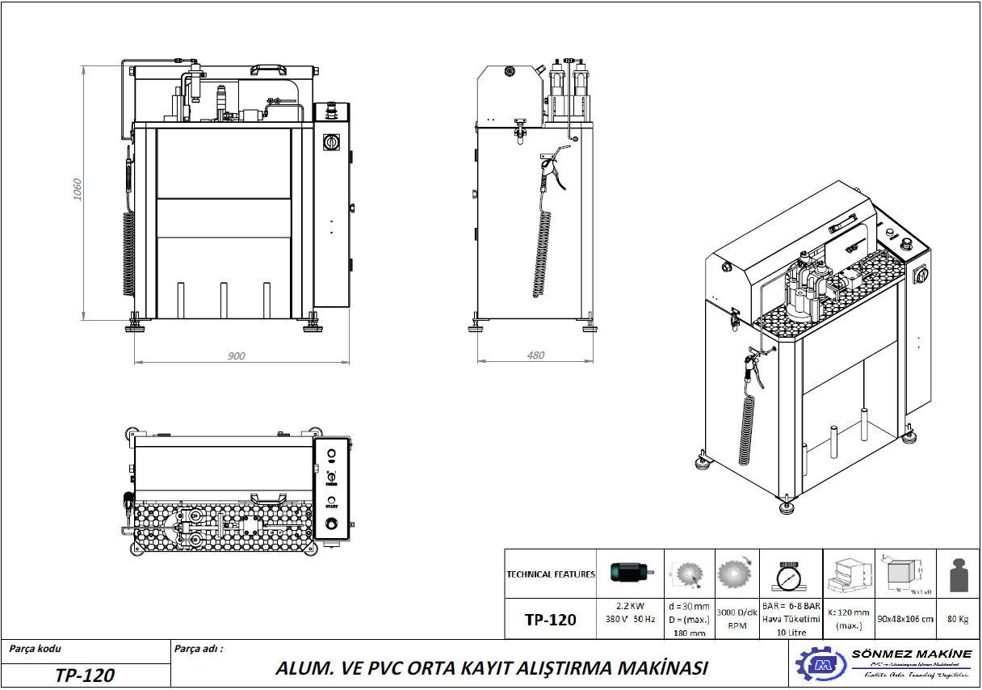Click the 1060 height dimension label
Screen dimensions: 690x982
tap(78, 189)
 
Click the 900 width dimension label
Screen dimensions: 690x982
tap(236, 356)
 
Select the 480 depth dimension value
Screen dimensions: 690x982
tap(535, 355)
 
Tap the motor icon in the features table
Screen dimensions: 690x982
tap(629, 573)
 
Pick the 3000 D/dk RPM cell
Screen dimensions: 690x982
tap(736, 619)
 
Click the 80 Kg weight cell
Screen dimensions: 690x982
tap(958, 619)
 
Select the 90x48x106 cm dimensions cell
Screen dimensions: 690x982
tap(905, 619)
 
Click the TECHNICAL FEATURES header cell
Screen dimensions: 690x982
tap(551, 574)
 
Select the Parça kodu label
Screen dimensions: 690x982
tap(36, 648)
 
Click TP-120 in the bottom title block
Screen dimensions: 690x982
tap(85, 675)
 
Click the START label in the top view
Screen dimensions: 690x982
tap(331, 506)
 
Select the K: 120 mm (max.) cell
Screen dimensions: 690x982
tap(849, 619)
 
